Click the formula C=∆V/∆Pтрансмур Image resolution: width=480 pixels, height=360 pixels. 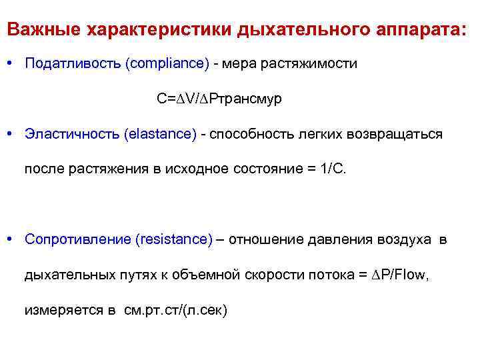[219, 99]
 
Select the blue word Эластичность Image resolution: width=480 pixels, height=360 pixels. [71, 134]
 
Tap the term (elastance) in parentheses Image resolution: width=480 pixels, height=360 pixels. [160, 134]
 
